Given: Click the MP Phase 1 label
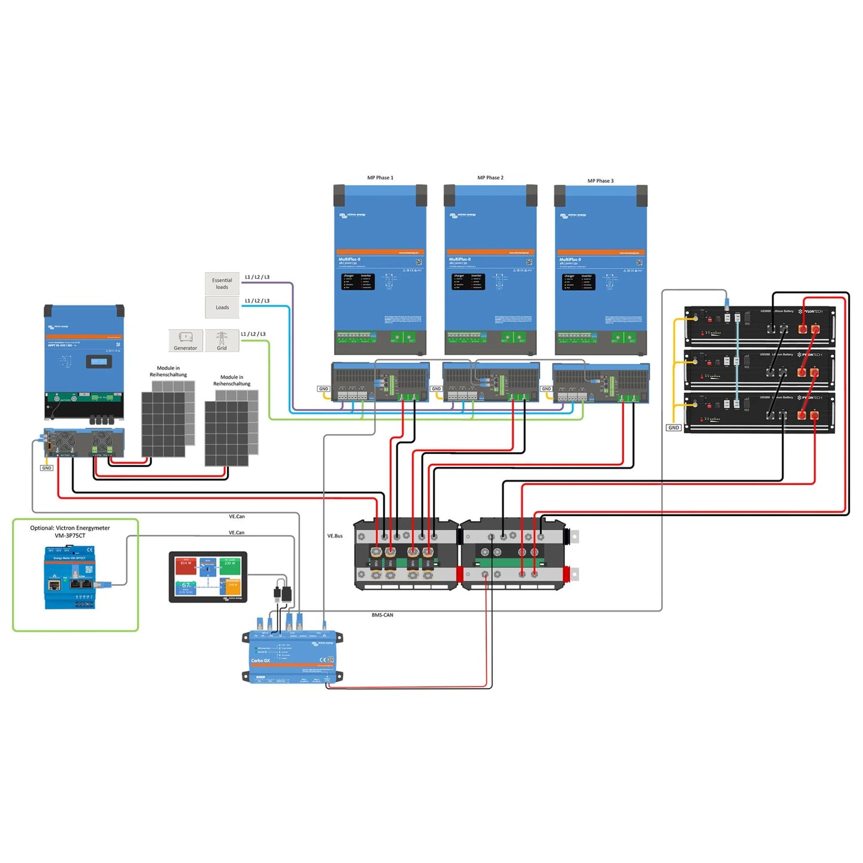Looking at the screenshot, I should (x=380, y=178).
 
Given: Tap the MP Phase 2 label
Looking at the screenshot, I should (x=490, y=178).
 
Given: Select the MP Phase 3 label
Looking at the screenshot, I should (x=600, y=181).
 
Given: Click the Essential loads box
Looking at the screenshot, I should (x=222, y=284).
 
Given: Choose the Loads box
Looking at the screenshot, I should (x=222, y=308).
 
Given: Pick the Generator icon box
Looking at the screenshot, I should (x=186, y=340).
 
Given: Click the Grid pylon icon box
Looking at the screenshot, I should (x=222, y=340).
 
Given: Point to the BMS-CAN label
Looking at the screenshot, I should (x=382, y=615).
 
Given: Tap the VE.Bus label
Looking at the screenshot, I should (x=335, y=536).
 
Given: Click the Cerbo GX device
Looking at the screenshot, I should (x=293, y=657).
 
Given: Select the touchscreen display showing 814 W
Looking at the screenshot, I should (x=208, y=577).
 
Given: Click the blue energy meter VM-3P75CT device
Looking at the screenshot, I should (x=70, y=578).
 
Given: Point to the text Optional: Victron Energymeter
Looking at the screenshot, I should (x=70, y=528).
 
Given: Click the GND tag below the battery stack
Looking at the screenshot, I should (x=674, y=428).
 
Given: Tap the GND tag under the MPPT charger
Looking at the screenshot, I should (x=47, y=468).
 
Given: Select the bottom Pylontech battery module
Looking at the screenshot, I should (x=759, y=412).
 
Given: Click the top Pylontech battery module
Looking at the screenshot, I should (x=759, y=326).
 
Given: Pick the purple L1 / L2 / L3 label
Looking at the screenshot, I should (x=257, y=277).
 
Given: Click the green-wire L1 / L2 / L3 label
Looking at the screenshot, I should (x=253, y=334).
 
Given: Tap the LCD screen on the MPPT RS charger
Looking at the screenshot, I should (x=99, y=361).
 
